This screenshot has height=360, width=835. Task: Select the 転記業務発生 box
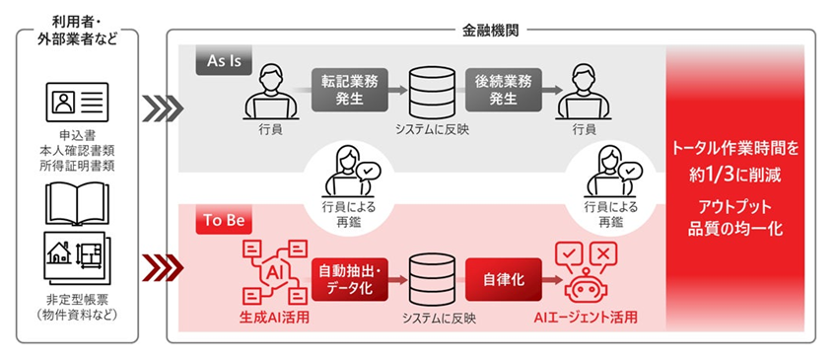tap(345, 89)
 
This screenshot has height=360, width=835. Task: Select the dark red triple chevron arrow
tap(157, 265)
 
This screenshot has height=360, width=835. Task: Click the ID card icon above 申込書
tap(76, 103)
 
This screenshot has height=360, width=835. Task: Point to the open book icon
tap(77, 200)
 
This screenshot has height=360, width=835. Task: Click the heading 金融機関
tap(490, 31)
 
